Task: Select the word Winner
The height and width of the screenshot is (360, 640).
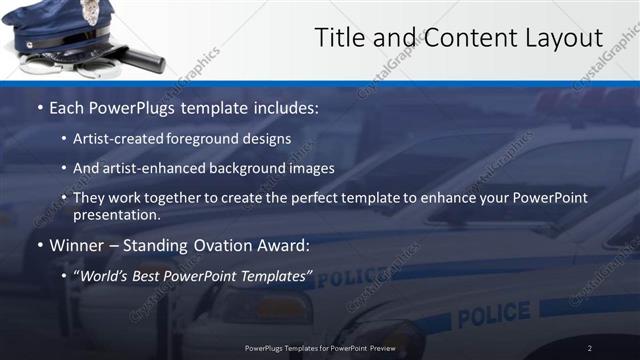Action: tap(77, 245)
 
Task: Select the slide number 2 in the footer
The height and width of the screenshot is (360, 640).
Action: tap(589, 347)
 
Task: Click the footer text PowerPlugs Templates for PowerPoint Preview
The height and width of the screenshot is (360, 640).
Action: tap(320, 347)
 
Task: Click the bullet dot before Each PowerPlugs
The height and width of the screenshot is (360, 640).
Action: tap(38, 108)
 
